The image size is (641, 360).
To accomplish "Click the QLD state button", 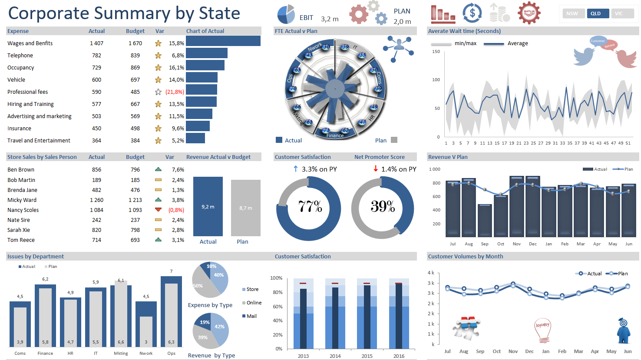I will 596,13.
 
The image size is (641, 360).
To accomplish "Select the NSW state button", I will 572,13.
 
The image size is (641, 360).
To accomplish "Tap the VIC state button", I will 619,13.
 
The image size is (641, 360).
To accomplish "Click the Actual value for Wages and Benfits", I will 96,43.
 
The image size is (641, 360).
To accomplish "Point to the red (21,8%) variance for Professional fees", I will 175,92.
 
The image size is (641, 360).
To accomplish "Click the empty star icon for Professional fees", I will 158,92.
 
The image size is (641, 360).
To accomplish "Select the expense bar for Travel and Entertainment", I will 195,138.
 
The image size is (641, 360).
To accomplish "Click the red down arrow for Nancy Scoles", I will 158,210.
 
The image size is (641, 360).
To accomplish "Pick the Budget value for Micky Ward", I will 135,200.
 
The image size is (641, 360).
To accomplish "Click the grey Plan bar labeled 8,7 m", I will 245,208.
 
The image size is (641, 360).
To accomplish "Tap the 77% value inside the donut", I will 310,207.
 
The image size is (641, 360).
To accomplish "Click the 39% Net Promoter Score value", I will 383,207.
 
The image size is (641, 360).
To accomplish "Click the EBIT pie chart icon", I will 285,15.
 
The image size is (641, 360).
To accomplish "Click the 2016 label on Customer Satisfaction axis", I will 399,356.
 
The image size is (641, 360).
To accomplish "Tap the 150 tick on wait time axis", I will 436,52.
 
